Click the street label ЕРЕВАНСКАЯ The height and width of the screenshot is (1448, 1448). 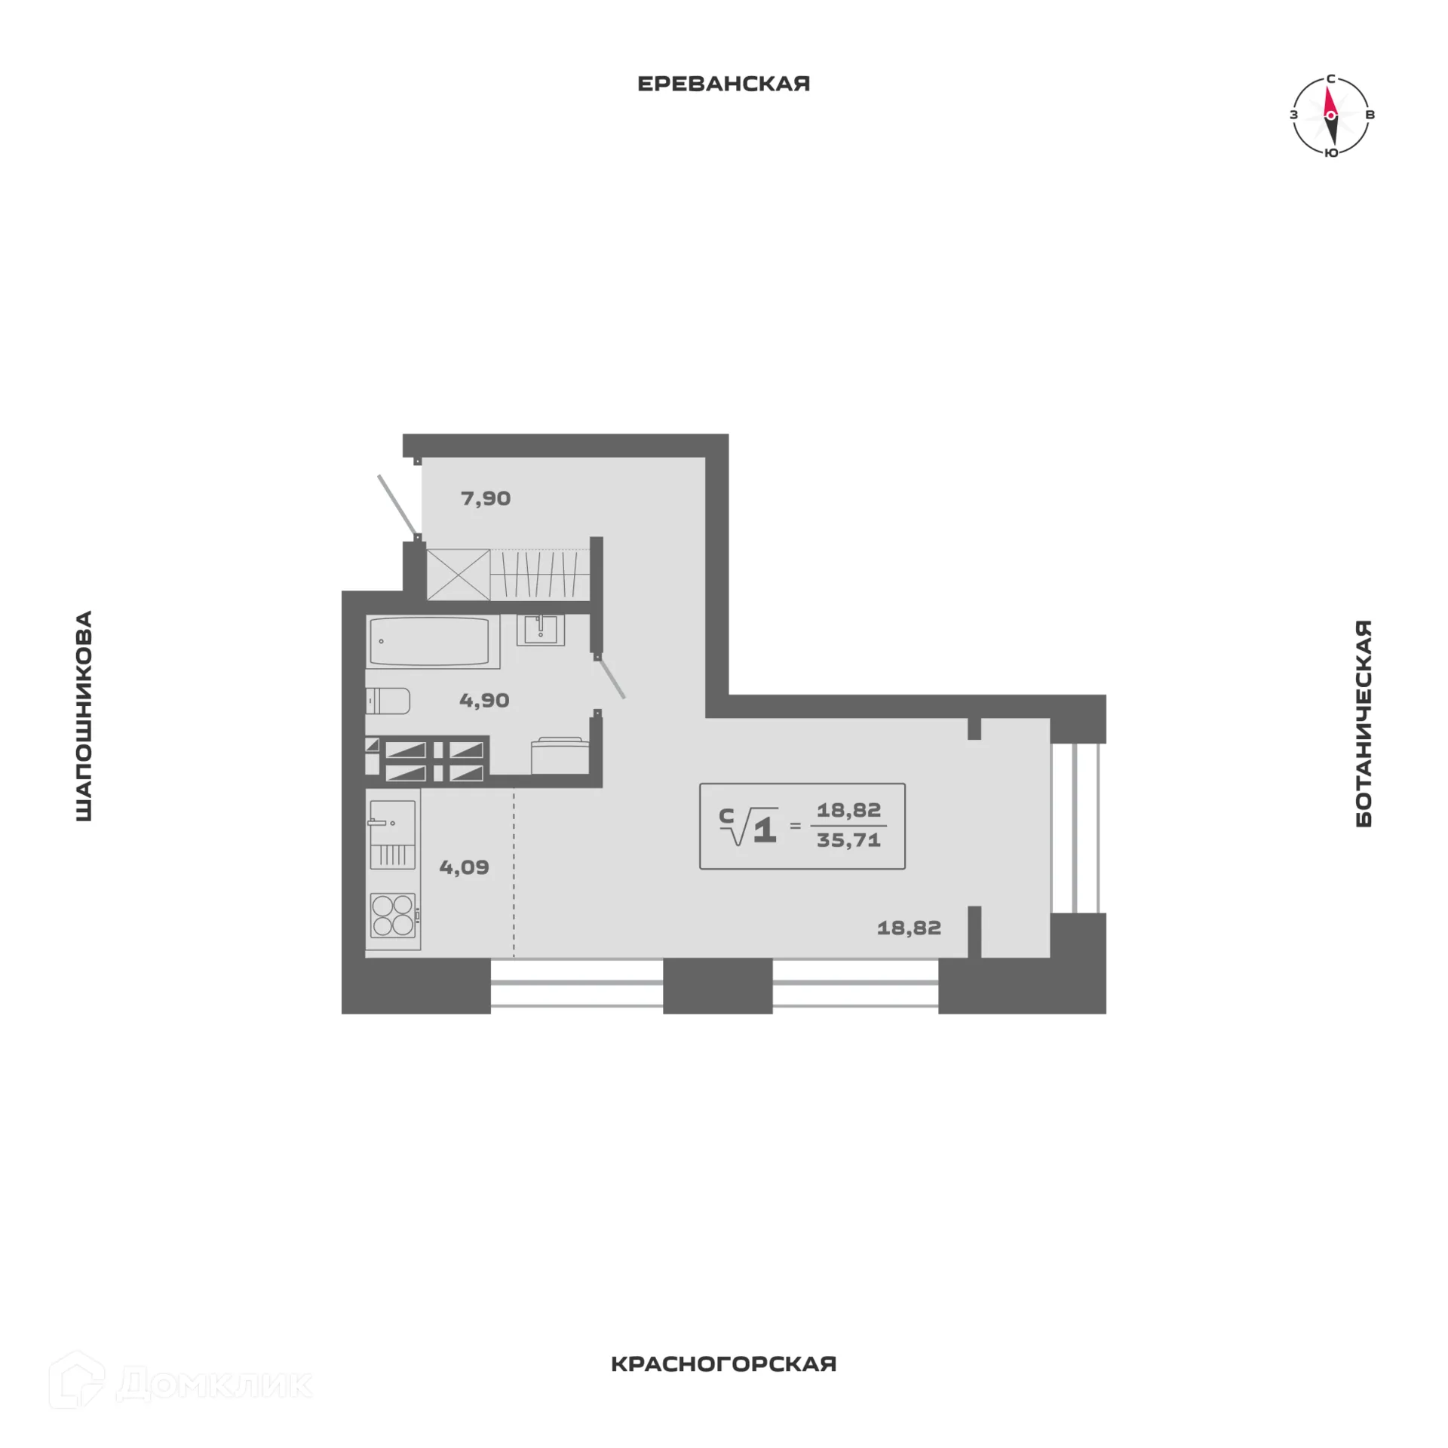pos(723,84)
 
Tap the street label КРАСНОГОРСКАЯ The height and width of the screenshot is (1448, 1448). pos(723,1385)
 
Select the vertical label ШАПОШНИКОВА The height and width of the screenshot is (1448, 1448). pos(84,716)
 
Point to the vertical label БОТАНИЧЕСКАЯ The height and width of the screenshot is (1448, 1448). pos(1364,724)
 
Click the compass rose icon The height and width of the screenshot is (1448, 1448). pos(1331,115)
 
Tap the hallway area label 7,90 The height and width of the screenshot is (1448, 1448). pos(486,499)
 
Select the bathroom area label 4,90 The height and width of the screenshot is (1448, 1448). pos(484,701)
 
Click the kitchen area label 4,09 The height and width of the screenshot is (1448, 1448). pos(464,867)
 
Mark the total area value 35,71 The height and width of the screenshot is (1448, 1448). pos(848,840)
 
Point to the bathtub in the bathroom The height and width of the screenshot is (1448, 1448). pos(432,642)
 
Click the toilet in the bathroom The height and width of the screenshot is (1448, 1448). pos(388,701)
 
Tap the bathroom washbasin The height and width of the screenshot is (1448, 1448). pos(541,630)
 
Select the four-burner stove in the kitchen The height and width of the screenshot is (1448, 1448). pos(393,915)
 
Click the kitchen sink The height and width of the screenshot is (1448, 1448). pos(391,834)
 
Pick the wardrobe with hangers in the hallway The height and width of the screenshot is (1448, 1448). pos(539,575)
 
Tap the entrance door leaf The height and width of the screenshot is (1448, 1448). pos(397,504)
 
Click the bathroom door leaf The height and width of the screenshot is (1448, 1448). pos(610,676)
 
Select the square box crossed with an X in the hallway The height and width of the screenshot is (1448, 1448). pos(459,575)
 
